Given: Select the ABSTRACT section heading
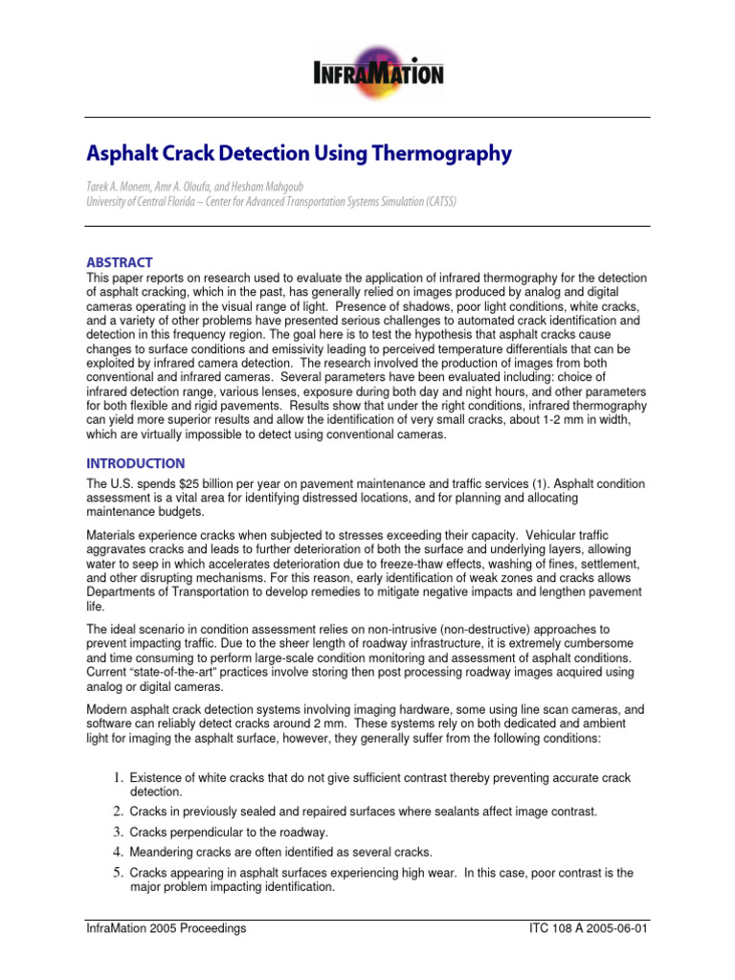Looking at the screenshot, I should [x=120, y=262].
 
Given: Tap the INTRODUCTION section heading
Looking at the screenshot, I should [x=136, y=463].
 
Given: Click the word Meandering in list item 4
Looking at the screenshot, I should [x=163, y=852].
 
